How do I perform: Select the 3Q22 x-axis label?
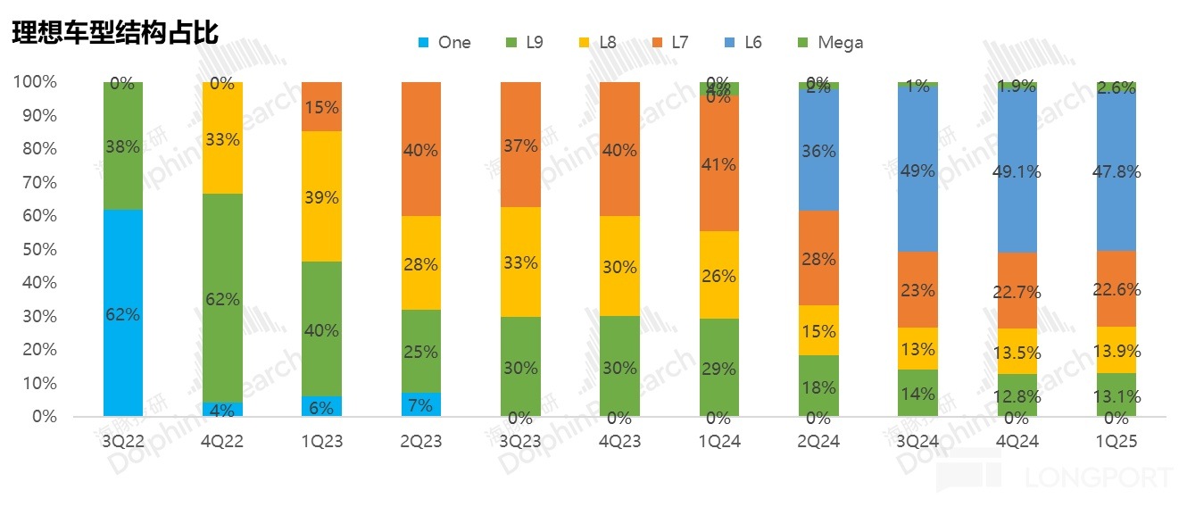[x=123, y=441]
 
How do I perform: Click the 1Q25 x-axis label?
[x=1117, y=441]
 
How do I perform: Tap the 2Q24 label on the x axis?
[x=819, y=441]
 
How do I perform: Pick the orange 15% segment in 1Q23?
[x=321, y=107]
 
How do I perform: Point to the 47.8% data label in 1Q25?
[x=1117, y=171]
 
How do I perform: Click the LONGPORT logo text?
[x=1097, y=478]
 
